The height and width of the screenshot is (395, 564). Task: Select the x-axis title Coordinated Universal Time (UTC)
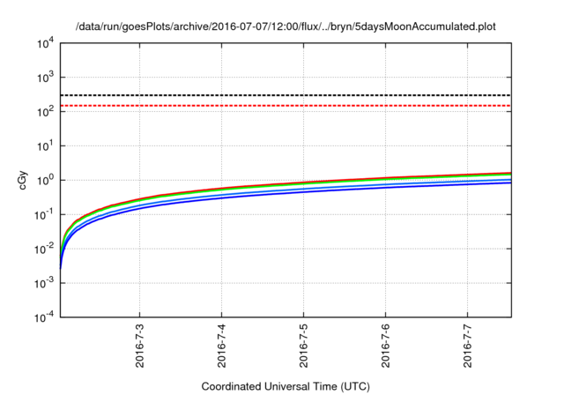click(x=285, y=386)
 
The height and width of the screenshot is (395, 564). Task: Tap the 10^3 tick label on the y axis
click(x=46, y=78)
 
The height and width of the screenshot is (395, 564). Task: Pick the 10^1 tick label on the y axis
click(x=46, y=146)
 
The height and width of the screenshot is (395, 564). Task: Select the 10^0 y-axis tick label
click(x=46, y=181)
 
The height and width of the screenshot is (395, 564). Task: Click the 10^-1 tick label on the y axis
click(x=45, y=215)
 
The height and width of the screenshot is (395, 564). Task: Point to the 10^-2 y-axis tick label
click(x=45, y=250)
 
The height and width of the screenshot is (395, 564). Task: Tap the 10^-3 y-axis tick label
click(x=45, y=284)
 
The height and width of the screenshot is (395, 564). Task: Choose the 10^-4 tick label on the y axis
click(x=45, y=318)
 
